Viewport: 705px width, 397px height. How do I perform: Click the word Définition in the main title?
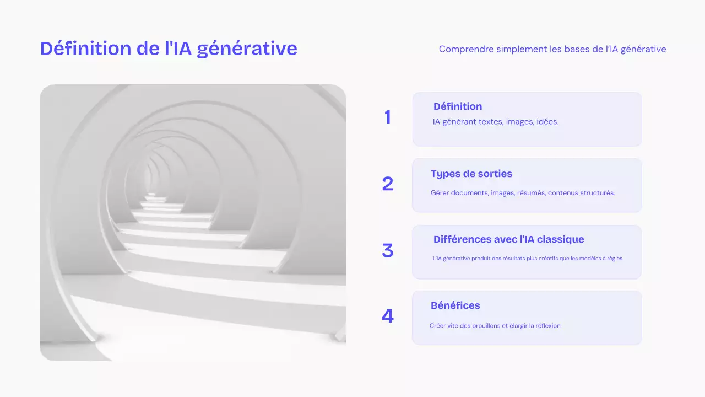(x=85, y=49)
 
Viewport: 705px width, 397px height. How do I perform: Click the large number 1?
(x=388, y=117)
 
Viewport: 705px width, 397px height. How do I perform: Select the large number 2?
(x=388, y=184)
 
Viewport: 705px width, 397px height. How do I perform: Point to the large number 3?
(x=388, y=251)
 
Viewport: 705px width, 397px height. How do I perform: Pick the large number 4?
(x=388, y=316)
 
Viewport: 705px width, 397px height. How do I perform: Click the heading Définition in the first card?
(x=458, y=106)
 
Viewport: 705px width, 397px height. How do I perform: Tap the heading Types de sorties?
(x=471, y=174)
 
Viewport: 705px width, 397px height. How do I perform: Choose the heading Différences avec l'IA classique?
(x=508, y=239)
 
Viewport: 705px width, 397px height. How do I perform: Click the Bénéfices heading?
(x=455, y=305)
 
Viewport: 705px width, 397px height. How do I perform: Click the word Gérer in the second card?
(x=440, y=193)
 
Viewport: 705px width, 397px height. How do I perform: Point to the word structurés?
(x=597, y=193)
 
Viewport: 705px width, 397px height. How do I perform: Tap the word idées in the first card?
(x=547, y=122)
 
